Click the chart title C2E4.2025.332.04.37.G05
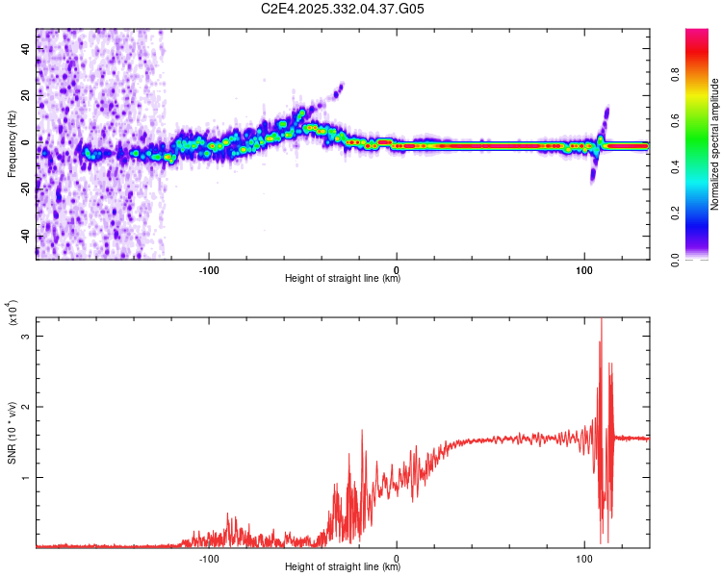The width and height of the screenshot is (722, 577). pos(343,10)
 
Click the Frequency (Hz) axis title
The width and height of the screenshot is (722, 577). pos(12,143)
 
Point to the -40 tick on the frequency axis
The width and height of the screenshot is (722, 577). pos(26,236)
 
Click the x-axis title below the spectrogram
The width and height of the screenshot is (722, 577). pos(343,279)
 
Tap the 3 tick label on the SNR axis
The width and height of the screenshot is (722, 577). pos(26,337)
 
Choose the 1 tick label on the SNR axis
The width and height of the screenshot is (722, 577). pos(26,477)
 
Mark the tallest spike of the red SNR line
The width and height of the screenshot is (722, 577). pos(602,320)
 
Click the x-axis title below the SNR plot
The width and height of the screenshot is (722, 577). pos(343,567)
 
